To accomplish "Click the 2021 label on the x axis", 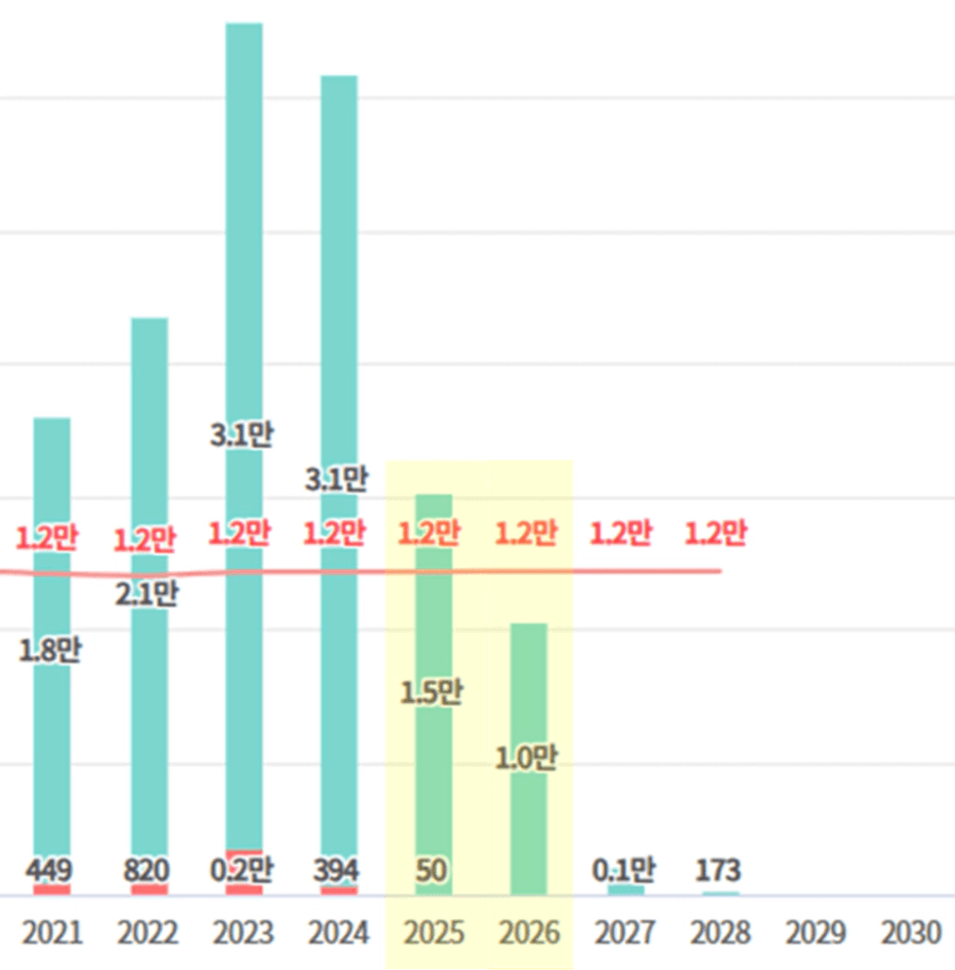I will pos(52,933).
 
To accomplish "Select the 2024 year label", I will pos(338,933).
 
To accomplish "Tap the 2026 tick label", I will pos(530,933).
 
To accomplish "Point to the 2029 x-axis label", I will pos(816,933).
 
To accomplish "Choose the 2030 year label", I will pos(911,933).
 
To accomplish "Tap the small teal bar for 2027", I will pos(626,890).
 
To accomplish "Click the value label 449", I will pos(51,871).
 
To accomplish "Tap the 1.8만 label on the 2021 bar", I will pos(51,650).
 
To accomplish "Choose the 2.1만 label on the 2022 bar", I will pos(147,594).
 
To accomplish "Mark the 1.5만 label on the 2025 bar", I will pos(432,693).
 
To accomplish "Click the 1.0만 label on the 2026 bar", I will pos(526,758).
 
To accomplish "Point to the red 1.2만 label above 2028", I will pos(716,532).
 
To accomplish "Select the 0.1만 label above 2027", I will pos(624,871).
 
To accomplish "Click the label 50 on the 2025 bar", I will pos(433,871).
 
